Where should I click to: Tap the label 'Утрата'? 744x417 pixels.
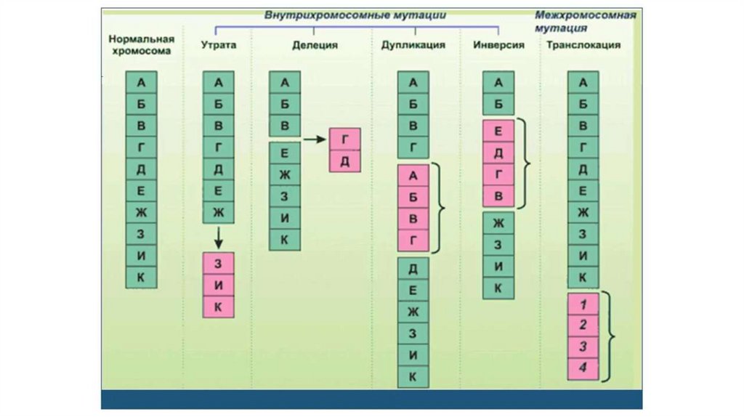click(218, 45)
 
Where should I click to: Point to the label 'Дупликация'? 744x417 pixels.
click(413, 45)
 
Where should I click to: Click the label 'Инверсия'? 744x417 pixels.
click(498, 45)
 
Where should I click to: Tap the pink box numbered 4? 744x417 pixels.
click(583, 368)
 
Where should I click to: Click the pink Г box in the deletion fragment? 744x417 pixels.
click(345, 139)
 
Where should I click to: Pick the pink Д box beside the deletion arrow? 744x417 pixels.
click(345, 161)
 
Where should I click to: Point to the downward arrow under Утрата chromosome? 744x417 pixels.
click(218, 236)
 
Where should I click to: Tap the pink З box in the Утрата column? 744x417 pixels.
click(218, 264)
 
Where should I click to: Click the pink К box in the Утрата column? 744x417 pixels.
click(218, 306)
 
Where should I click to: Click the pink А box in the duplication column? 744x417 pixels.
click(413, 175)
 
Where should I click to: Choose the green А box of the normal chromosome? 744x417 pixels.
click(141, 82)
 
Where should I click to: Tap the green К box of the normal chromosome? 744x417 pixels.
click(141, 277)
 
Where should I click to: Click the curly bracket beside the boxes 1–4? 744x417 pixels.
click(610, 336)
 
